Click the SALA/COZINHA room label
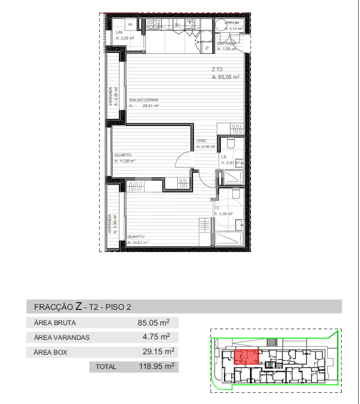144,100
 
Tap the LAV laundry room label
119,32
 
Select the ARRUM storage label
232,23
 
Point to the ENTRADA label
226,44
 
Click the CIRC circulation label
201,141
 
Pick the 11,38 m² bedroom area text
125,161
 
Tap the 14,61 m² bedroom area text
138,242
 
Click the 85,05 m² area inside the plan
226,77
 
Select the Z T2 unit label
217,69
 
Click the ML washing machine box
130,24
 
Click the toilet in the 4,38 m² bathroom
236,193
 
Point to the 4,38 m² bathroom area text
224,214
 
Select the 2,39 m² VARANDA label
113,96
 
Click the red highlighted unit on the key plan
246,357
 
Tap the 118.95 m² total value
157,366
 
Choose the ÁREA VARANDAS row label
62,337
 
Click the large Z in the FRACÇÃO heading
79,306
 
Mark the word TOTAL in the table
106,367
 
